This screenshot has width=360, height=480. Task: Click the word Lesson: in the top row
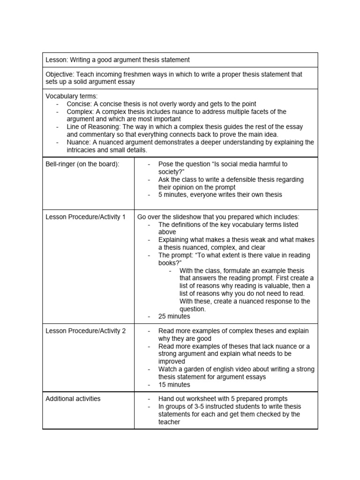pyautogui.click(x=57, y=60)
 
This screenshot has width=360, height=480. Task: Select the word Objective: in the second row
pyautogui.click(x=60, y=74)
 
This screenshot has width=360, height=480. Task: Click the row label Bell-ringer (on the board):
pyautogui.click(x=82, y=164)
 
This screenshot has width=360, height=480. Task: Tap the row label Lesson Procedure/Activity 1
pyautogui.click(x=85, y=217)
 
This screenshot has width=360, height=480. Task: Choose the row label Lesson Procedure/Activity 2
pyautogui.click(x=85, y=331)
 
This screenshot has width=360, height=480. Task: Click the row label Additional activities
pyautogui.click(x=73, y=399)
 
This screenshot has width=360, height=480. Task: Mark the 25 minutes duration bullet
pyautogui.click(x=174, y=316)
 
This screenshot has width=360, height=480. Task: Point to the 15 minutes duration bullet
pyautogui.click(x=174, y=385)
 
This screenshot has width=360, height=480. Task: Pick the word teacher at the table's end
pyautogui.click(x=169, y=422)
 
